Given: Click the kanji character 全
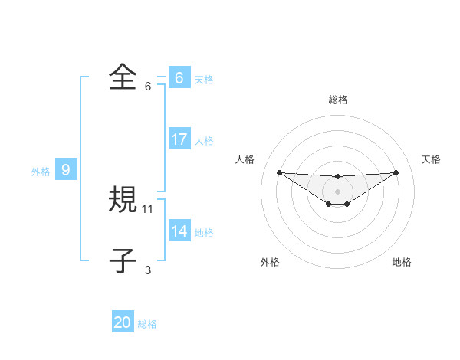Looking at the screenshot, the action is [123, 77].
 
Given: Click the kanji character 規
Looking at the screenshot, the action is [123, 200].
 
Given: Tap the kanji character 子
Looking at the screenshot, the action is [123, 261].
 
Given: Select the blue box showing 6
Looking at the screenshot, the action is [179, 78].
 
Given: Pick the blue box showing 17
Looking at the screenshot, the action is [179, 139].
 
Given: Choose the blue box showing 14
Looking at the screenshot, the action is [179, 231].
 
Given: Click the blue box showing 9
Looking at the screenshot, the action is [66, 170].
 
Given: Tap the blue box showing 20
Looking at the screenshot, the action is [123, 322].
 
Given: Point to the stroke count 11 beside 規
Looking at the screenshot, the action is [148, 208].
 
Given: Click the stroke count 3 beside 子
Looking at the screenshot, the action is [148, 270].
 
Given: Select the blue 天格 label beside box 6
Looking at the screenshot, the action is [204, 80].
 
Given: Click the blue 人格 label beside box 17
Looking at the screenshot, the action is [204, 141].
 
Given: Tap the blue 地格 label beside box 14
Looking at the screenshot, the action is [204, 233].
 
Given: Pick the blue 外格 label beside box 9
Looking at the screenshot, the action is [41, 172].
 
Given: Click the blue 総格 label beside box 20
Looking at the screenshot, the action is [147, 324].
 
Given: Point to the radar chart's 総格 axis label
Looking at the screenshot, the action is [338, 100].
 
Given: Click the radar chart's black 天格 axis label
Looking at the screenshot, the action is [431, 159].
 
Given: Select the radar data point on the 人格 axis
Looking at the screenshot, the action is [279, 172].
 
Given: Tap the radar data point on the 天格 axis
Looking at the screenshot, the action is [396, 172].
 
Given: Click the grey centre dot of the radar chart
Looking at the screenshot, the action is [338, 191].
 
